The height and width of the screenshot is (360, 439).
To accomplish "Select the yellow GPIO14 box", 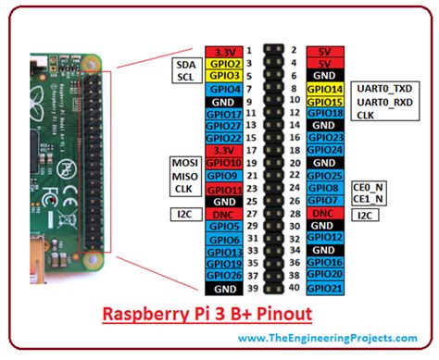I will pyautogui.click(x=325, y=89).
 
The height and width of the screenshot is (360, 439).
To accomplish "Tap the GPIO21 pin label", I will pyautogui.click(x=325, y=287).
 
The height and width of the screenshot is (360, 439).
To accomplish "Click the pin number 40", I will pyautogui.click(x=293, y=287).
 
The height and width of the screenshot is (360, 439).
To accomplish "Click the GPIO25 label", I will pyautogui.click(x=325, y=175).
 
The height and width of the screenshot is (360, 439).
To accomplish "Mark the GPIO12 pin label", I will pyautogui.click(x=325, y=237).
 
